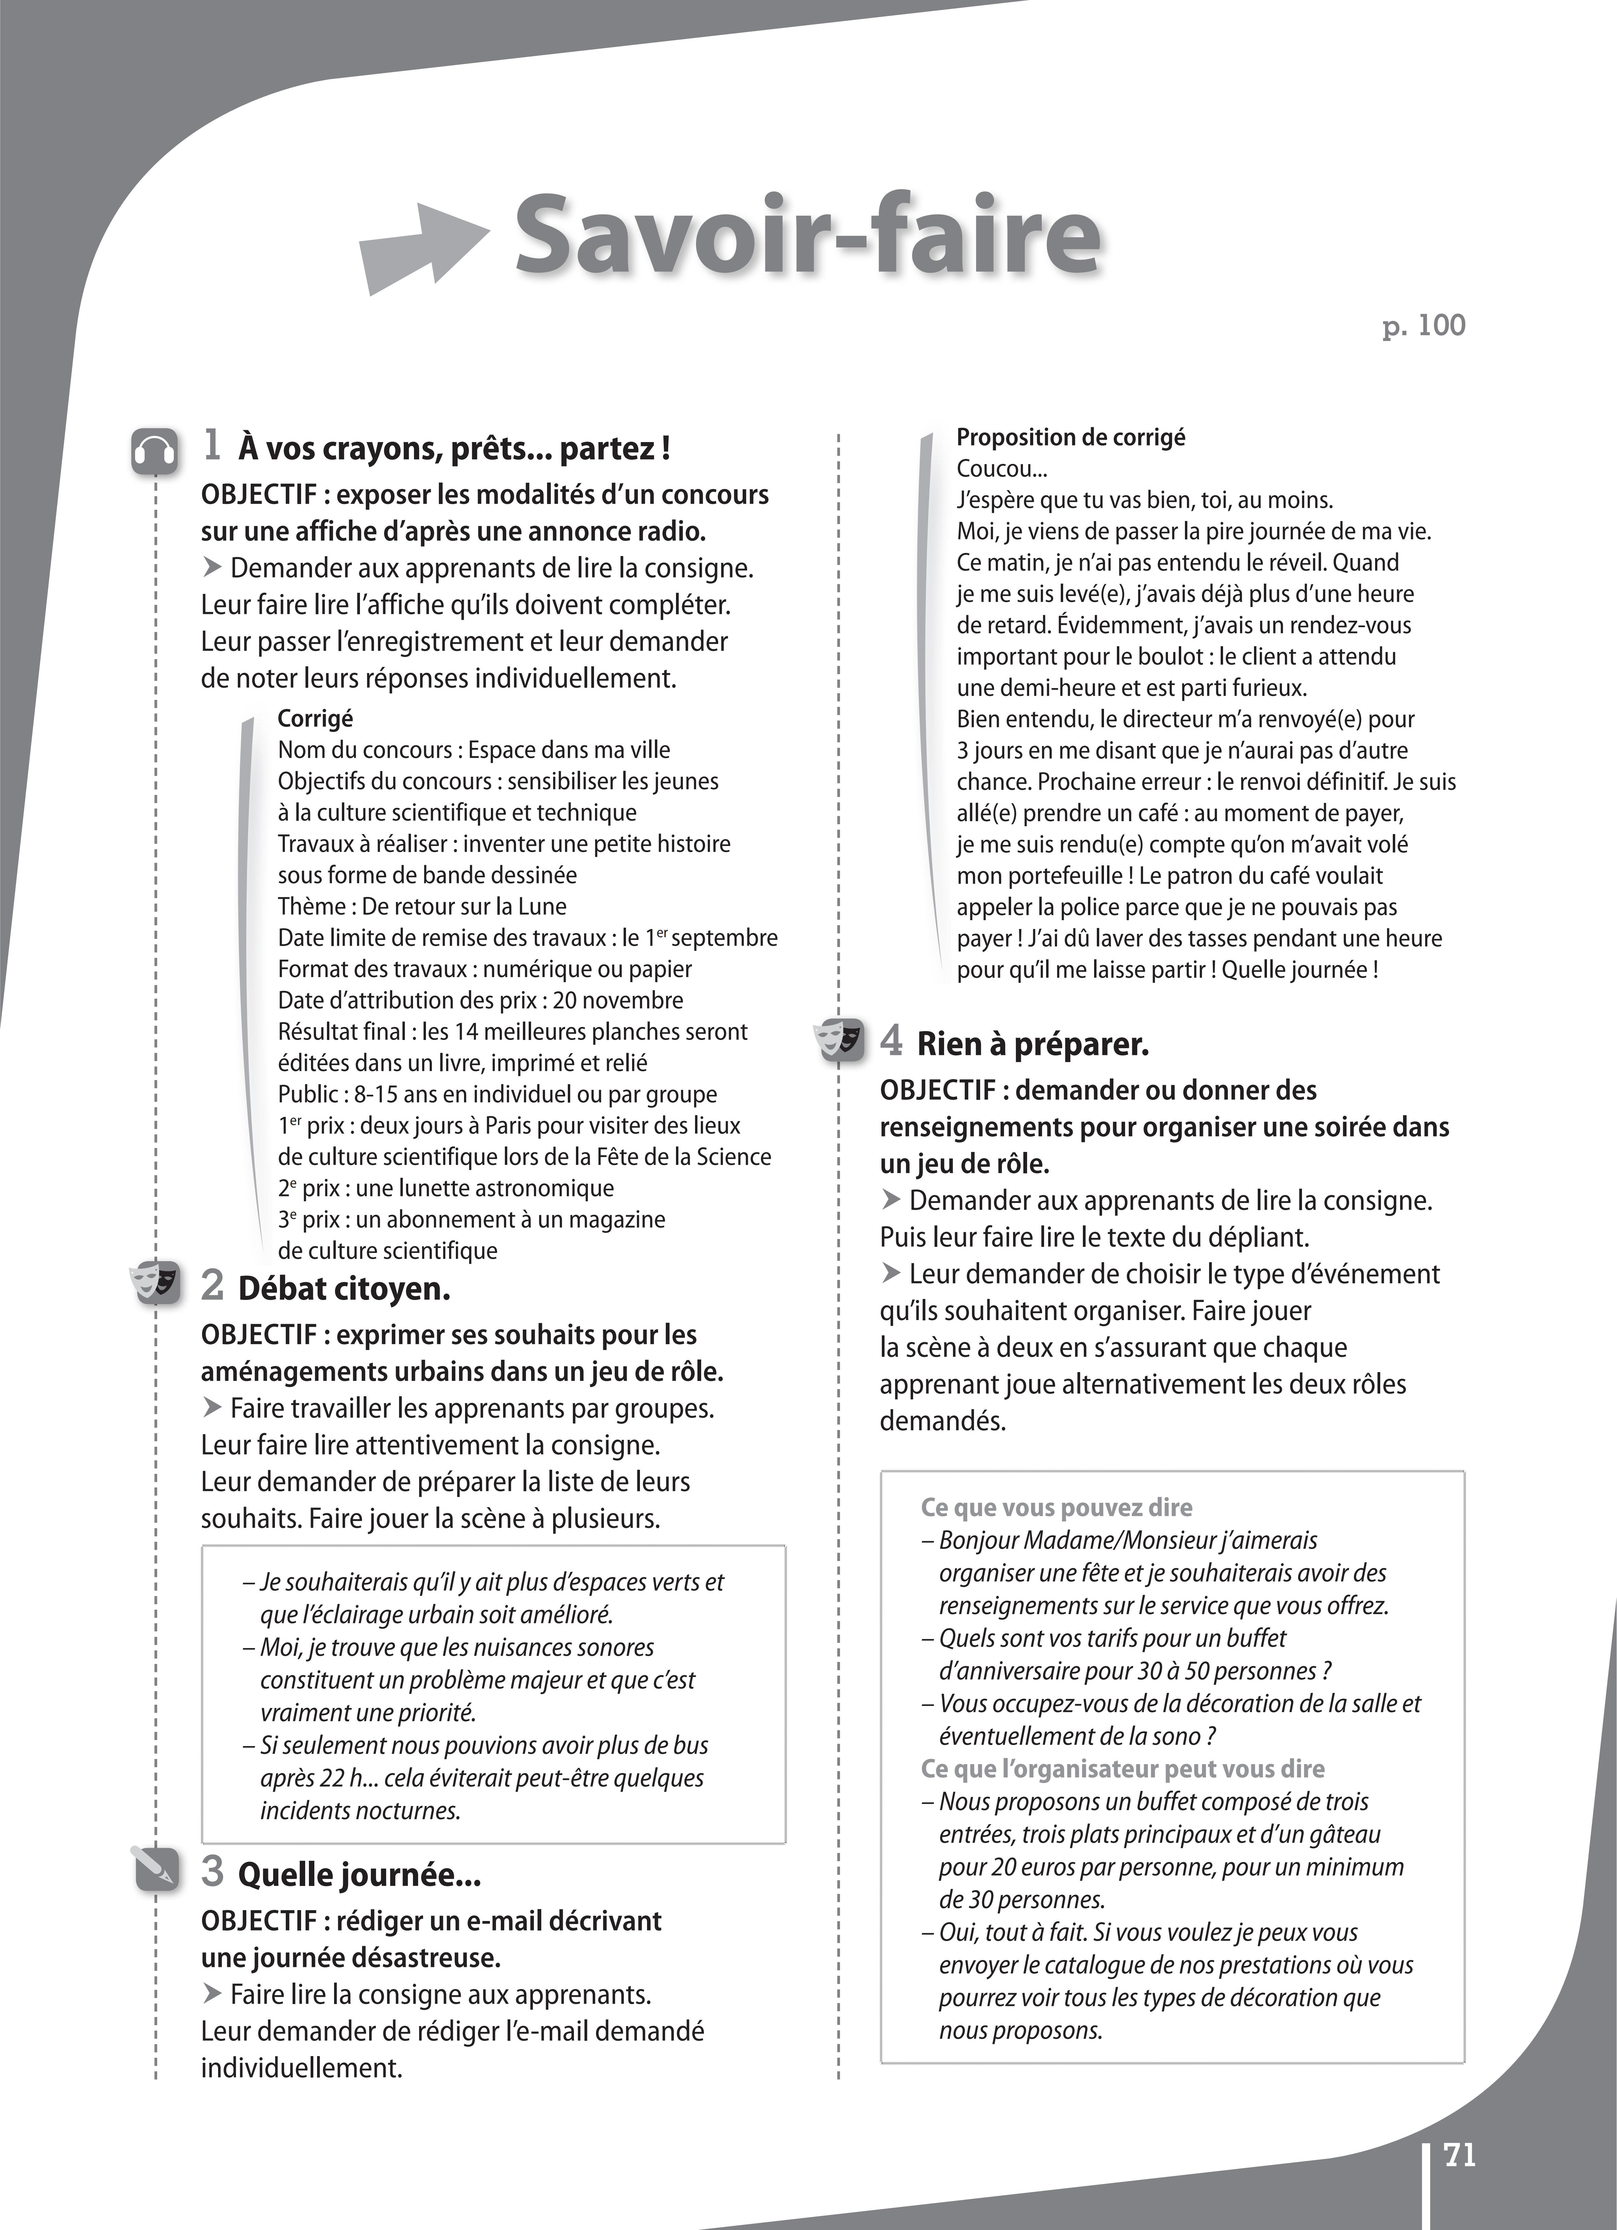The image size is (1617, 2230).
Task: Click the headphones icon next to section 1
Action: pos(154,451)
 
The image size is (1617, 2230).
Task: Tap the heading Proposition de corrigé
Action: pos(1071,438)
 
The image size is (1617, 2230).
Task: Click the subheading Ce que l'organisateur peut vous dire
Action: pos(1122,1769)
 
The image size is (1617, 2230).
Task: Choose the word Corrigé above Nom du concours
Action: pos(315,719)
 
